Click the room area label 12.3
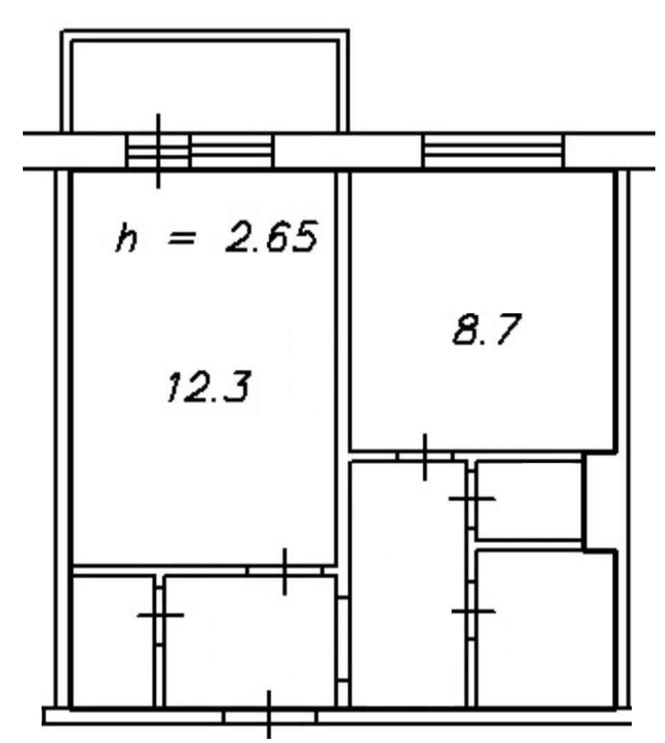pos(208,386)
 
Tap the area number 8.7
pos(487,328)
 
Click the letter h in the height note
pos(127,238)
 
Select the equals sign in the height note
pos(181,238)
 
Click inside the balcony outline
pos(204,85)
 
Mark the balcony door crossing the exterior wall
pos(159,151)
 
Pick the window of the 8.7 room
pos(493,151)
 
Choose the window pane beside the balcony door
pos(232,151)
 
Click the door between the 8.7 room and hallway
pos(425,456)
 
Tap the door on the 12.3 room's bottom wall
pos(285,571)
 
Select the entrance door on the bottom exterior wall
pos(269,717)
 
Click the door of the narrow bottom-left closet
pos(160,615)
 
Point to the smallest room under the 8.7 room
pos(529,500)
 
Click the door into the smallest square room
pos(472,498)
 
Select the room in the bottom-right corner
pos(546,628)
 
